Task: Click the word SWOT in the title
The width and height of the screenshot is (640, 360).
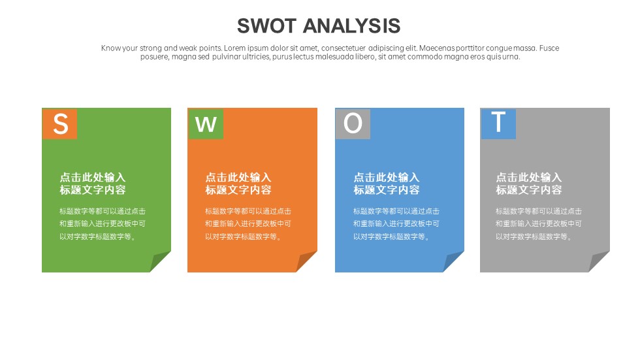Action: (x=266, y=26)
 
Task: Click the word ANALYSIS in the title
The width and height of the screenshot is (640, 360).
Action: (x=352, y=26)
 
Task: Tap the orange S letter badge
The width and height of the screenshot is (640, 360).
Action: (x=59, y=123)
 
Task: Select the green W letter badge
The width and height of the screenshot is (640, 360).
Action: (x=206, y=123)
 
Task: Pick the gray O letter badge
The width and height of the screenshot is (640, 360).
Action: (x=353, y=123)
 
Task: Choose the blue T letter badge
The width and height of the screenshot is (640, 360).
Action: (x=498, y=123)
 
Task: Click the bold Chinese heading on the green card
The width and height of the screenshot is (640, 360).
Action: (x=93, y=183)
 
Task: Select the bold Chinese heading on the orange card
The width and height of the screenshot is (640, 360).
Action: (x=238, y=183)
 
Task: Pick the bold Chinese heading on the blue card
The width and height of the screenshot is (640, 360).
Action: (x=387, y=183)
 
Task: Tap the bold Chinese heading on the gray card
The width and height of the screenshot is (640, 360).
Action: (x=529, y=183)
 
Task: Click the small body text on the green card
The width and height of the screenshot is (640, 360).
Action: (x=103, y=223)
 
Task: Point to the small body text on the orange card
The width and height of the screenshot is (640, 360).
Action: (x=248, y=223)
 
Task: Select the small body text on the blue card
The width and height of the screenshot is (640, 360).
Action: (x=396, y=223)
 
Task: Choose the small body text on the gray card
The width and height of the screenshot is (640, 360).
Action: (x=539, y=223)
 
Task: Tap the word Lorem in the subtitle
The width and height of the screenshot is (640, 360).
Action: (x=234, y=48)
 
